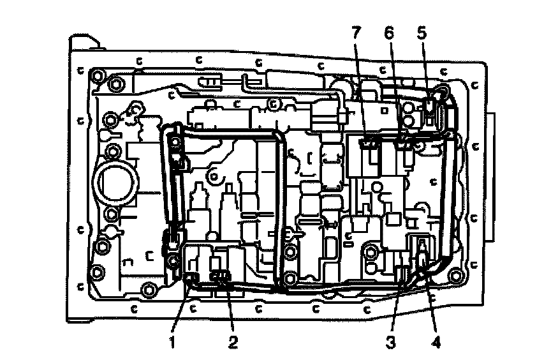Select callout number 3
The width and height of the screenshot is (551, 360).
[391, 341]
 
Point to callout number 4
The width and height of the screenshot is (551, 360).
[436, 341]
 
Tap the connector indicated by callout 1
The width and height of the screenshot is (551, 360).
[191, 276]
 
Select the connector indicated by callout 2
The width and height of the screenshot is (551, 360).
[221, 276]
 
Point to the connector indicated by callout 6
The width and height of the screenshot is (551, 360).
[402, 142]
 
